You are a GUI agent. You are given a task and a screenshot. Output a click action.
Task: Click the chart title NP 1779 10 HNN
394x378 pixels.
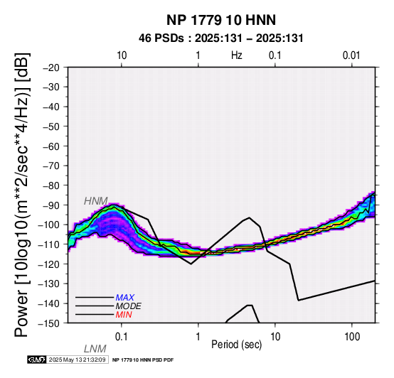pyautogui.click(x=221, y=20)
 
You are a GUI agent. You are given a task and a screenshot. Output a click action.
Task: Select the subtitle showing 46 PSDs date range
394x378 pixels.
pyautogui.click(x=221, y=38)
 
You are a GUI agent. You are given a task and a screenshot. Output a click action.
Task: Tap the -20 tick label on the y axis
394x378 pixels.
pyautogui.click(x=51, y=67)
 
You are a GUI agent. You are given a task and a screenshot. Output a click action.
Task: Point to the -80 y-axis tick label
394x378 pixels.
pyautogui.click(x=51, y=185)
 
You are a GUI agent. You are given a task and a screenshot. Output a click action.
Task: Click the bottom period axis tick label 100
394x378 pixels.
pyautogui.click(x=352, y=337)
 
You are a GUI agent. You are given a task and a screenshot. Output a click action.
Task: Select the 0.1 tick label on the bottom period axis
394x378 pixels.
pyautogui.click(x=122, y=337)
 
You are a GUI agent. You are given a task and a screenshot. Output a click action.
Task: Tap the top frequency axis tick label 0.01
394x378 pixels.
pyautogui.click(x=351, y=55)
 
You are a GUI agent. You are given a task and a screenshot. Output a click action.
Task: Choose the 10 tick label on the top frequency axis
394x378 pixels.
pyautogui.click(x=122, y=55)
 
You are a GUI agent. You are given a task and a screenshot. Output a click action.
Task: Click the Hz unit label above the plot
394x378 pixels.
pyautogui.click(x=237, y=55)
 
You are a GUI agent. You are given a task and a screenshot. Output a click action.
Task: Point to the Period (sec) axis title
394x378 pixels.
pyautogui.click(x=236, y=345)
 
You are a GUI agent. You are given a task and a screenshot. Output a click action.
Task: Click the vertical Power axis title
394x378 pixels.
pyautogui.click(x=23, y=195)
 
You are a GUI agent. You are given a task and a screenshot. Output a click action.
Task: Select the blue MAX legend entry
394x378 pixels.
pyautogui.click(x=125, y=298)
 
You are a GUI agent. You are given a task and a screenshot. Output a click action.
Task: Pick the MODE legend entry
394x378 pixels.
pyautogui.click(x=129, y=306)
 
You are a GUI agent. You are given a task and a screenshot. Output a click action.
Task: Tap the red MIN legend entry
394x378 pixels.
pyautogui.click(x=124, y=315)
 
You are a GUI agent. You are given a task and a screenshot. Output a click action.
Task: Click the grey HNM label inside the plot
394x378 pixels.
pyautogui.click(x=96, y=201)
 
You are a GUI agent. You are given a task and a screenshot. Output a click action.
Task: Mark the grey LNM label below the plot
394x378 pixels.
pyautogui.click(x=95, y=349)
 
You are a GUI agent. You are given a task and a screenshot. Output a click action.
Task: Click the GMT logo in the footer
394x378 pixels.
pyautogui.click(x=37, y=360)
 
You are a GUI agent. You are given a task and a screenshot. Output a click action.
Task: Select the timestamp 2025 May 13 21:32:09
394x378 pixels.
pyautogui.click(x=77, y=360)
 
